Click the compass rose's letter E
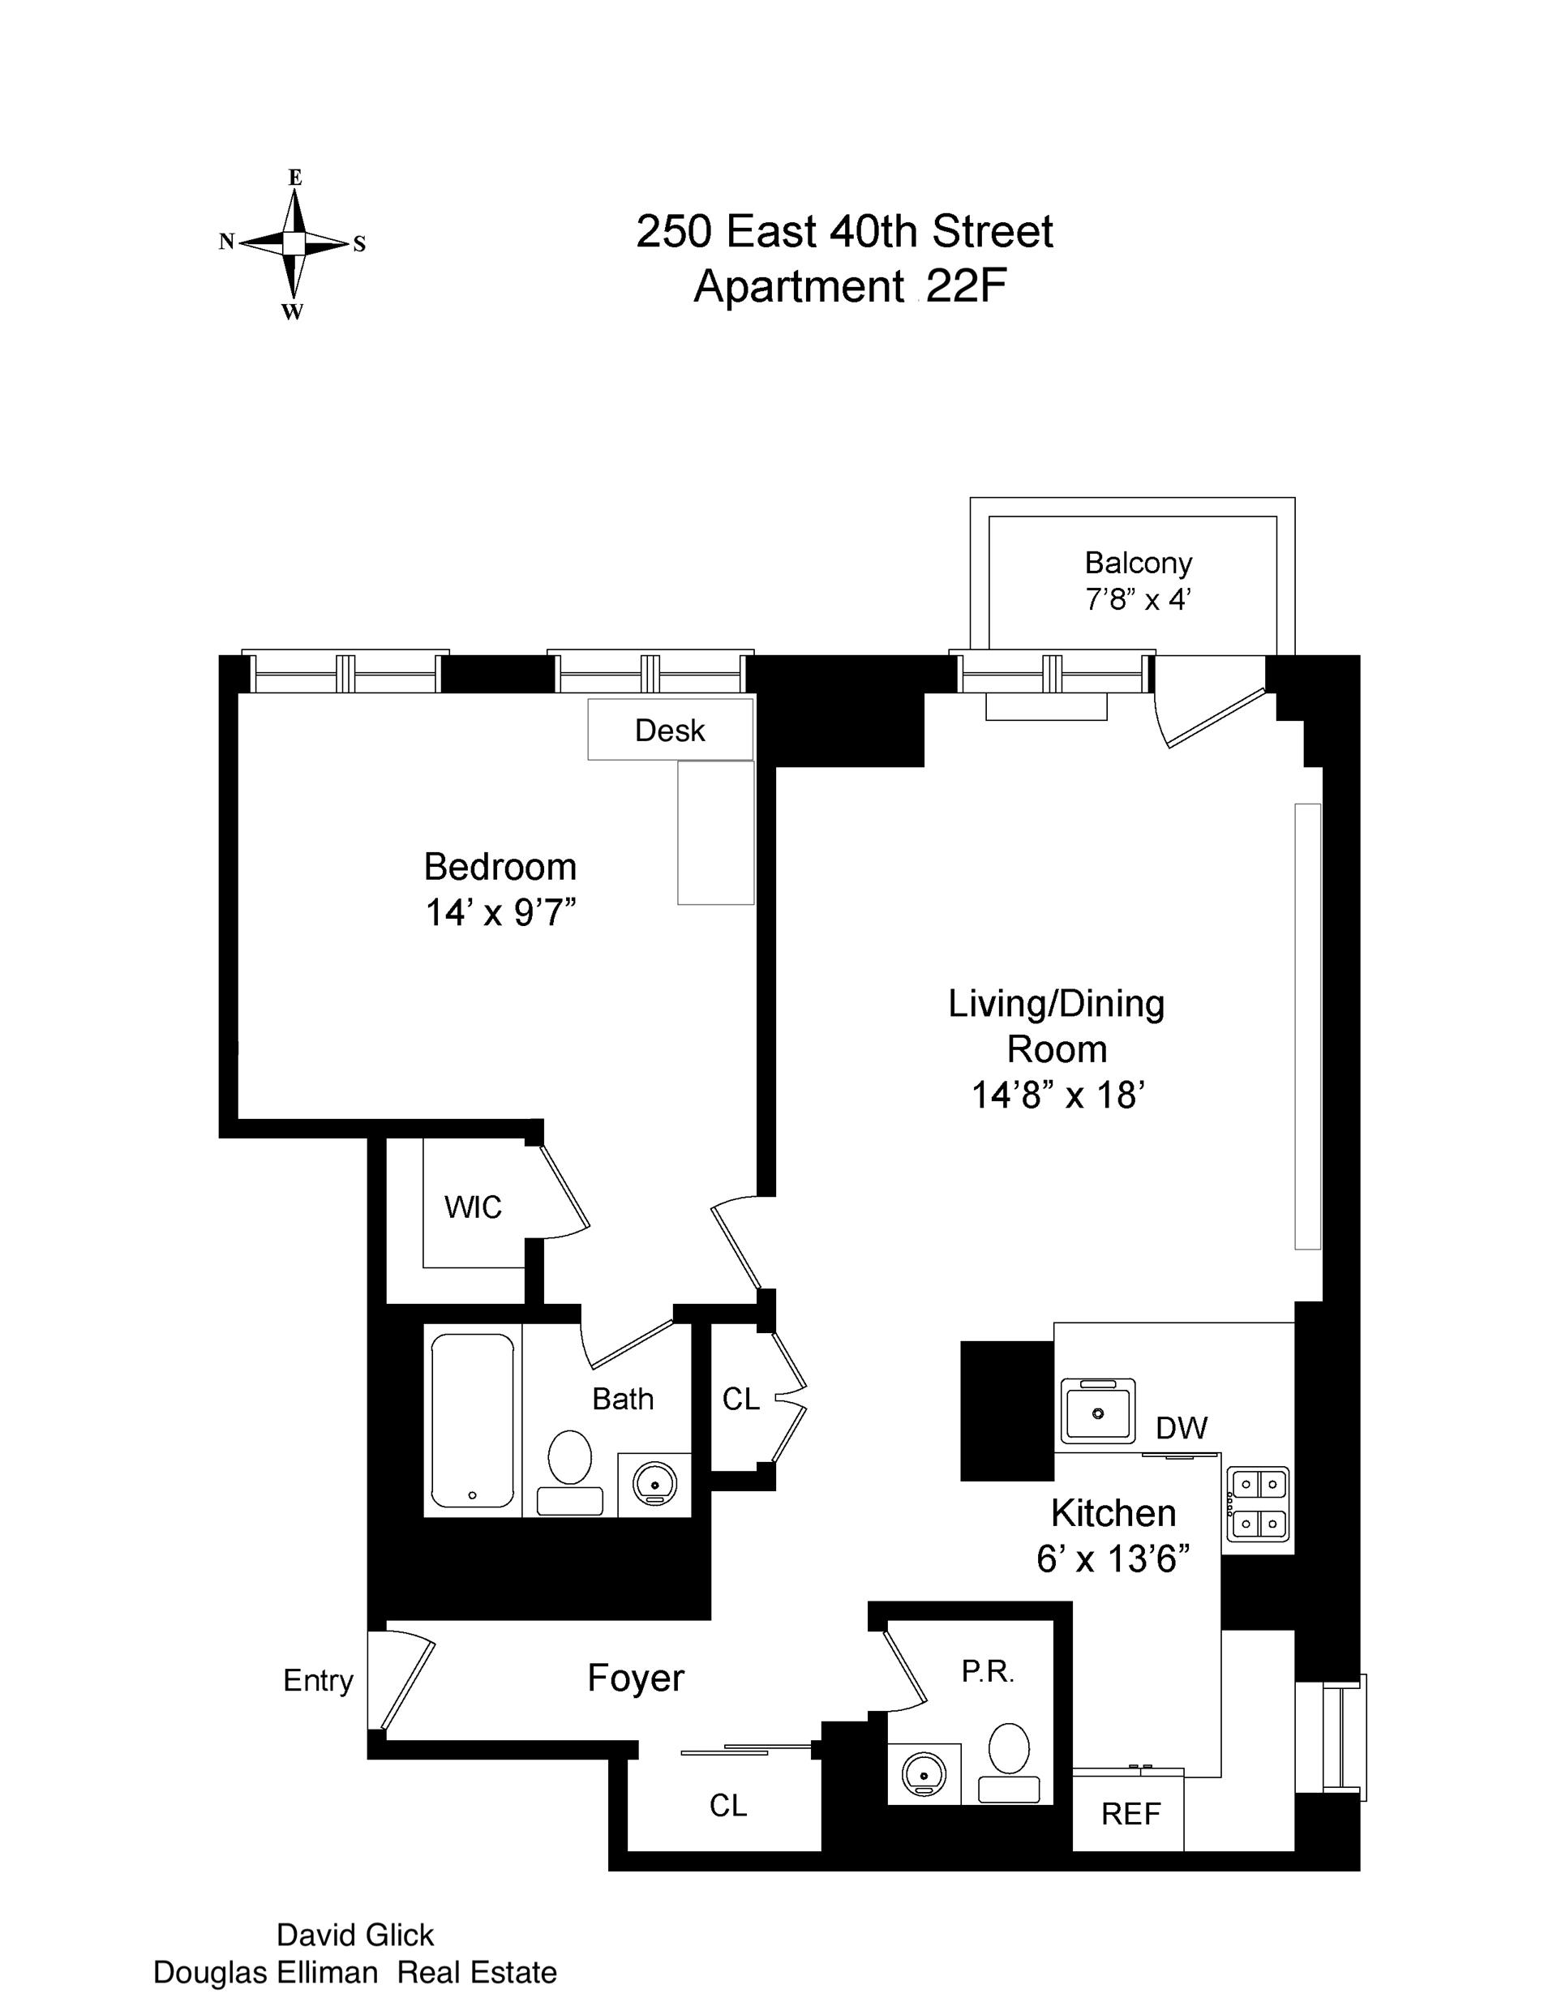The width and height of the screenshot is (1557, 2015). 295,177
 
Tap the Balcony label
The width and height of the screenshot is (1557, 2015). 1138,563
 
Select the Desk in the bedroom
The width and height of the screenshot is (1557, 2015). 670,730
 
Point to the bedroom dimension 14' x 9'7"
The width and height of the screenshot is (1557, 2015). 500,912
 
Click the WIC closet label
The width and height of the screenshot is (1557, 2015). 473,1207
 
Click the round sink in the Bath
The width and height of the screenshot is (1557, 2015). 654,1485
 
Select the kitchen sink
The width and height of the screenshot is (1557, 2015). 1097,1412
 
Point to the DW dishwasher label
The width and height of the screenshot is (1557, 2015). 1182,1428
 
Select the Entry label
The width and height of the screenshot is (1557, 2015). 318,1680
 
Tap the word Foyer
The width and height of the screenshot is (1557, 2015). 636,1678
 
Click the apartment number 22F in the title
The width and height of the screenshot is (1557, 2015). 964,287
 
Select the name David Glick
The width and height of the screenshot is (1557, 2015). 355,1935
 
